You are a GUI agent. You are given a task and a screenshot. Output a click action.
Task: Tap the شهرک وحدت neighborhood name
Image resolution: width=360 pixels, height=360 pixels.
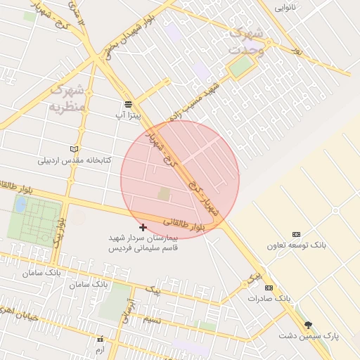[x=247, y=41]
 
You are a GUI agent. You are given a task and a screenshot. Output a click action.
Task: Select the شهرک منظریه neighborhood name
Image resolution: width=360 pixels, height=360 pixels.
[x=67, y=98]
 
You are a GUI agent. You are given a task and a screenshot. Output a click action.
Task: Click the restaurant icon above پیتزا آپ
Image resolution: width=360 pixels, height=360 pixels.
[x=127, y=103]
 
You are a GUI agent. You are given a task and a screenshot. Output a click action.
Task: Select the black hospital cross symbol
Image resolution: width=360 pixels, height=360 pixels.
[x=143, y=227]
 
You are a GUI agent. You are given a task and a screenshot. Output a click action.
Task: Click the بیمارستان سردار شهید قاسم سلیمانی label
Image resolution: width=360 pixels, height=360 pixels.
[x=143, y=243]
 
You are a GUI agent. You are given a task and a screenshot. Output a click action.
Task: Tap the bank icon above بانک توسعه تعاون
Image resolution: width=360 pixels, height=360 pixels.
[x=296, y=234]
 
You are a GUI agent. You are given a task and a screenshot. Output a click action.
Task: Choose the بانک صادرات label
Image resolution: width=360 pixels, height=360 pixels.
[x=269, y=299]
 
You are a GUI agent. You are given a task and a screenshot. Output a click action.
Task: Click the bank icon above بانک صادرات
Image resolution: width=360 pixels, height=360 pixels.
[x=268, y=288]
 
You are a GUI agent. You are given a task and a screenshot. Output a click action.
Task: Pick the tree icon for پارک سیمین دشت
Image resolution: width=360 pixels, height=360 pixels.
[x=307, y=325]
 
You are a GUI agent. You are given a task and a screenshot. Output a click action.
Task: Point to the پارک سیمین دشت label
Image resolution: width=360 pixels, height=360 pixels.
[x=307, y=336]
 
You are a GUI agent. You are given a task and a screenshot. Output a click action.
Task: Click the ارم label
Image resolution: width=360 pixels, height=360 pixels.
[x=99, y=349]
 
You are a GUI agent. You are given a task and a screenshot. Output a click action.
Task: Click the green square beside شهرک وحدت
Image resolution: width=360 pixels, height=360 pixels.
[x=241, y=67]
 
